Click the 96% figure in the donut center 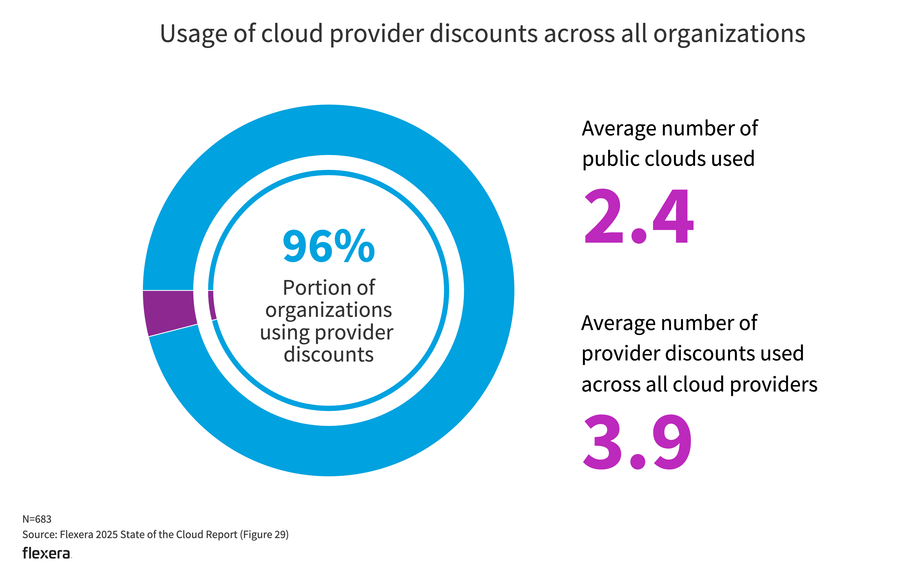point(328,246)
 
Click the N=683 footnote point(37,519)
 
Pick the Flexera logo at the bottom point(46,553)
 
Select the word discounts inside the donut point(328,355)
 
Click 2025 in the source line point(107,535)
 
